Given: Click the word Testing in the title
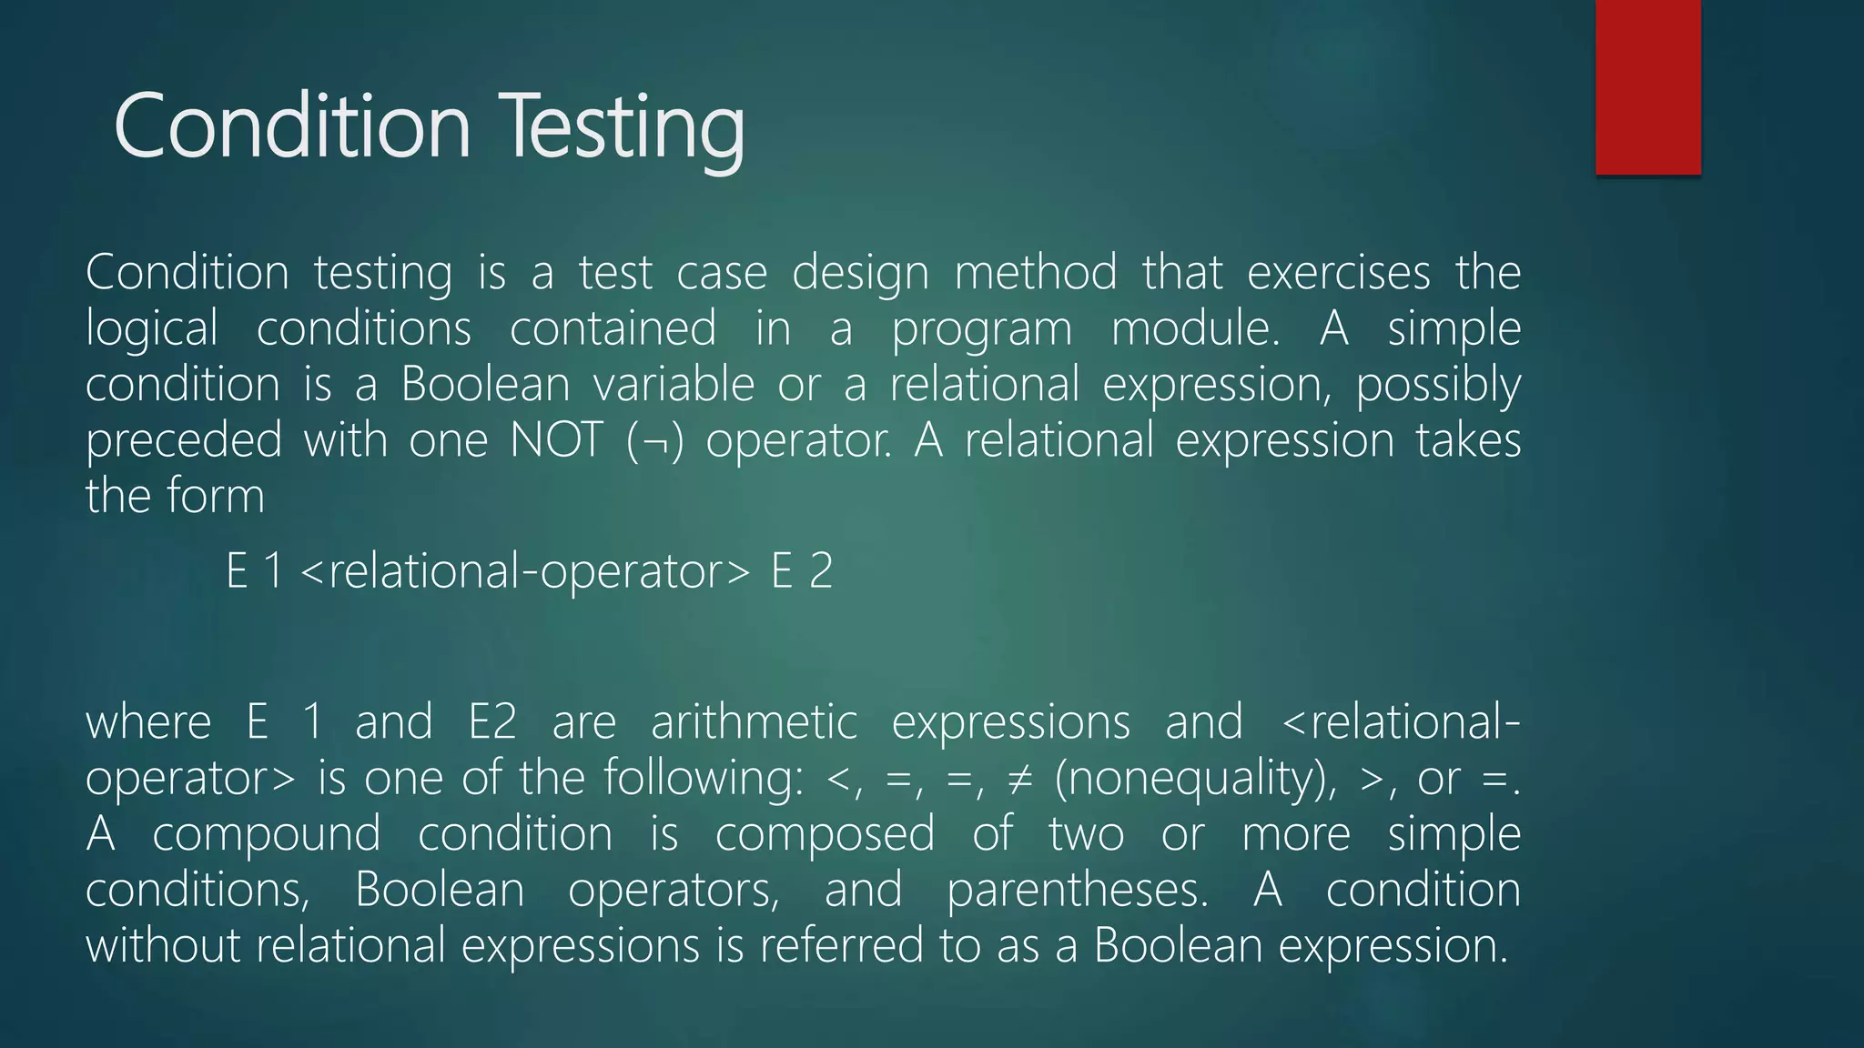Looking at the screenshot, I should click(x=624, y=127).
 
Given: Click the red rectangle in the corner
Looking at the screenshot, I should click(x=1647, y=87).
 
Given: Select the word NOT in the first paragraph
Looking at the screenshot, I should click(x=557, y=440).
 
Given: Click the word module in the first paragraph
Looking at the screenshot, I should click(x=1195, y=329).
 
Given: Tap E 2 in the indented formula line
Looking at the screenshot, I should click(x=802, y=571).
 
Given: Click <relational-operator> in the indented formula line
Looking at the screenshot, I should click(x=525, y=571).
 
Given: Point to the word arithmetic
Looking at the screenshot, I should click(x=754, y=723).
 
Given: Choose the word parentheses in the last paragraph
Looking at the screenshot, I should click(x=1078, y=890).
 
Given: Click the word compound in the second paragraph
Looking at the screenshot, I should click(x=266, y=835).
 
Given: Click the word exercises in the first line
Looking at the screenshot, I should click(x=1338, y=273).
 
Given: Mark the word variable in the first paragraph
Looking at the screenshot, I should click(x=674, y=385).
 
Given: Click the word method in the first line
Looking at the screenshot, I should click(x=1035, y=273).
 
